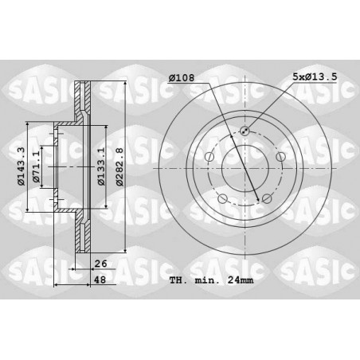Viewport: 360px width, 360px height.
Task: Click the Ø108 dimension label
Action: click(x=182, y=78)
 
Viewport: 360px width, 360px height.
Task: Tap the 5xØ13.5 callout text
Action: click(x=315, y=77)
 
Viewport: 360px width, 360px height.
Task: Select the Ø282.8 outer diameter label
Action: click(x=120, y=166)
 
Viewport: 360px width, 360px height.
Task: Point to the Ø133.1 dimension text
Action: click(x=101, y=166)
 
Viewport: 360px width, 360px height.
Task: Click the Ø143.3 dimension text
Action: click(x=21, y=166)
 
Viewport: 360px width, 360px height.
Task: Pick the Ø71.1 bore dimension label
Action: click(x=36, y=166)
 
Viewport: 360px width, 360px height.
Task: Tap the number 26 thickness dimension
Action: click(x=100, y=264)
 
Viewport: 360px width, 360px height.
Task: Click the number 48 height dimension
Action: click(x=100, y=280)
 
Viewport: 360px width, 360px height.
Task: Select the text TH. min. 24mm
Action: click(x=211, y=280)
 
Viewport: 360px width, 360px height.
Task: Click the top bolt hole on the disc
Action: click(x=245, y=131)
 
